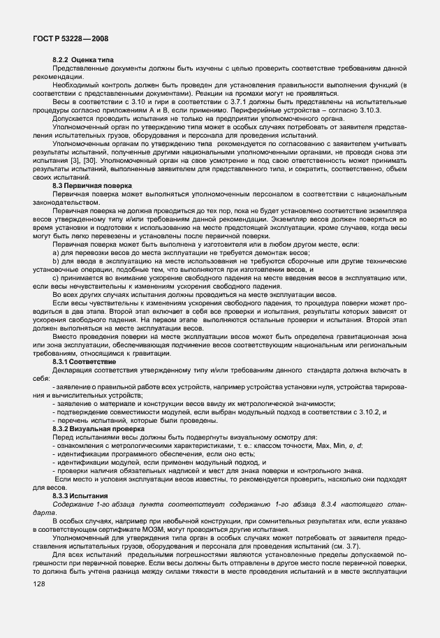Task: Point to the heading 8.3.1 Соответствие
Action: pos(85,362)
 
